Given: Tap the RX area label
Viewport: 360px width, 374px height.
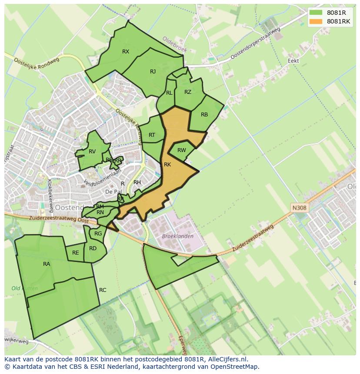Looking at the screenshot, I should click(126, 52).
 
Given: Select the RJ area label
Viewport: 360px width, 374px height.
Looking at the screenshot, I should click(153, 72).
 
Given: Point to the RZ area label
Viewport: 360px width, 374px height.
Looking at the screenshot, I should click(188, 92).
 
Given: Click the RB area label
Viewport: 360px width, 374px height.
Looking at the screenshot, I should click(204, 115).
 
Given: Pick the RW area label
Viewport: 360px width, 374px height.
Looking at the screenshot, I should click(182, 150).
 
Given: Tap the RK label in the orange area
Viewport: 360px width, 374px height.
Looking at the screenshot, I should click(167, 165).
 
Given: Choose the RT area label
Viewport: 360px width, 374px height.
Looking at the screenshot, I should click(152, 135).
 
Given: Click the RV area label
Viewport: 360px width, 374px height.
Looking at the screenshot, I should click(92, 152).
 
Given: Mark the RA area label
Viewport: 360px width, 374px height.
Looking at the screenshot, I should click(47, 264).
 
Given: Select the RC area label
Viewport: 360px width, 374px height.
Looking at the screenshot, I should click(103, 290).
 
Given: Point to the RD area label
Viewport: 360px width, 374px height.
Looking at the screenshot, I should click(93, 248).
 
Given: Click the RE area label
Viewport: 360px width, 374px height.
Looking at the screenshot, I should click(76, 253).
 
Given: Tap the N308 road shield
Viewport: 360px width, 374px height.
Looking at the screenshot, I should click(299, 208).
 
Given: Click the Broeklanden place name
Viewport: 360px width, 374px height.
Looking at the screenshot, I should click(177, 236).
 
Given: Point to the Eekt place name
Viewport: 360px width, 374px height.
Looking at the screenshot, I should click(293, 61).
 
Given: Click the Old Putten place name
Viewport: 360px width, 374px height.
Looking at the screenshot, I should click(24, 288).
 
